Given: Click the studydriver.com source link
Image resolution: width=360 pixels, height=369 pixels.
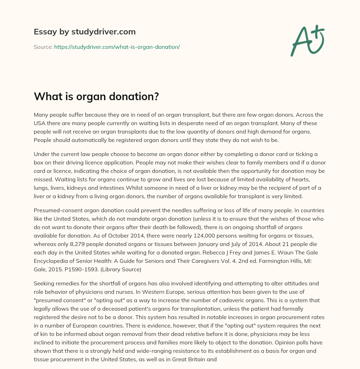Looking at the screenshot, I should pos(117,47).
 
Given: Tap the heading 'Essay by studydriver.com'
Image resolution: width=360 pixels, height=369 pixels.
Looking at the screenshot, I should pos(85,32).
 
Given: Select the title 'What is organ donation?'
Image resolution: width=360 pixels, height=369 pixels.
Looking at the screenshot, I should pos(96,96).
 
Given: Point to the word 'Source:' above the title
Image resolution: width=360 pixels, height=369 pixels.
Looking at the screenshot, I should pos(43,47).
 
